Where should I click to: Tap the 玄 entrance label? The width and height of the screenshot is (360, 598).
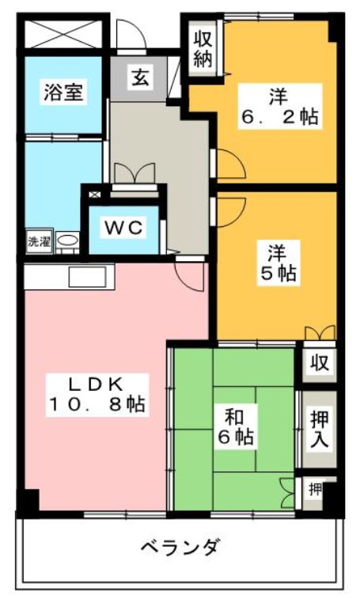pyautogui.click(x=140, y=78)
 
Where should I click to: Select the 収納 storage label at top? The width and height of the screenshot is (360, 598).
pyautogui.click(x=203, y=47)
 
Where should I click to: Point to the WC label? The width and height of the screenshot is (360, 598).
pyautogui.click(x=124, y=228)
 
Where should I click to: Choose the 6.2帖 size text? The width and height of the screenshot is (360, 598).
pyautogui.click(x=279, y=118)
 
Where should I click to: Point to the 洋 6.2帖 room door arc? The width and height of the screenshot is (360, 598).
pyautogui.click(x=228, y=165)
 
